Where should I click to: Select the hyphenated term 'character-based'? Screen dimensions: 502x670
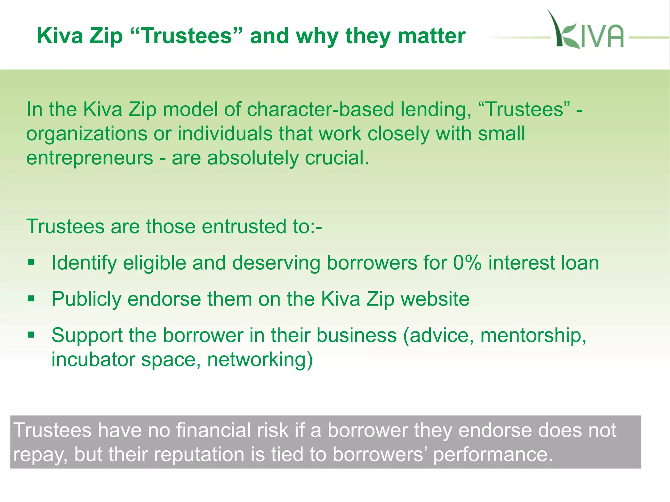pyautogui.click(x=320, y=109)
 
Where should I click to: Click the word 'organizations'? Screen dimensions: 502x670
pyautogui.click(x=87, y=134)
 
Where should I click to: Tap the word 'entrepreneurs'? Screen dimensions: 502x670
pyautogui.click(x=90, y=159)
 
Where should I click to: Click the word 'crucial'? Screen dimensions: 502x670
pyautogui.click(x=337, y=158)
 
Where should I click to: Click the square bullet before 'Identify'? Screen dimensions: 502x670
pyautogui.click(x=31, y=262)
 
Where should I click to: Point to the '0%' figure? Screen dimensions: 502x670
pyautogui.click(x=467, y=263)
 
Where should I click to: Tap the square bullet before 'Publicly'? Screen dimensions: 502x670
pyautogui.click(x=31, y=298)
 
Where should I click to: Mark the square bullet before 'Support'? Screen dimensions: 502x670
pyautogui.click(x=31, y=335)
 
